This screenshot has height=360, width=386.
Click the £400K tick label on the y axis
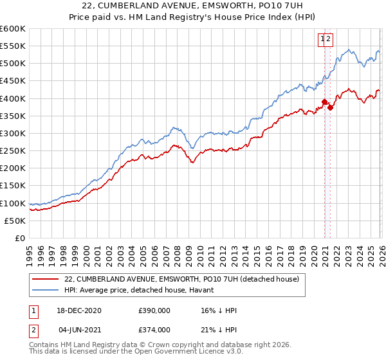pyautogui.click(x=12, y=98)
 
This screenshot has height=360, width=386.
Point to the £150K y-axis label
pyautogui.click(x=12, y=186)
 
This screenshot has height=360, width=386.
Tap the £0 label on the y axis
pyautogui.click(x=19, y=238)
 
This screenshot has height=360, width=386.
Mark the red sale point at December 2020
pyautogui.click(x=324, y=102)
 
